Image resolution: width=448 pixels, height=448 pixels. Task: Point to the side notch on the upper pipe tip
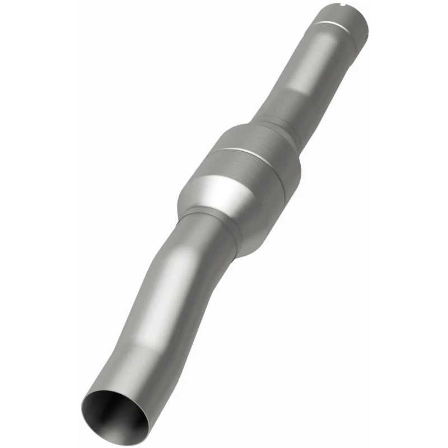[363, 27]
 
